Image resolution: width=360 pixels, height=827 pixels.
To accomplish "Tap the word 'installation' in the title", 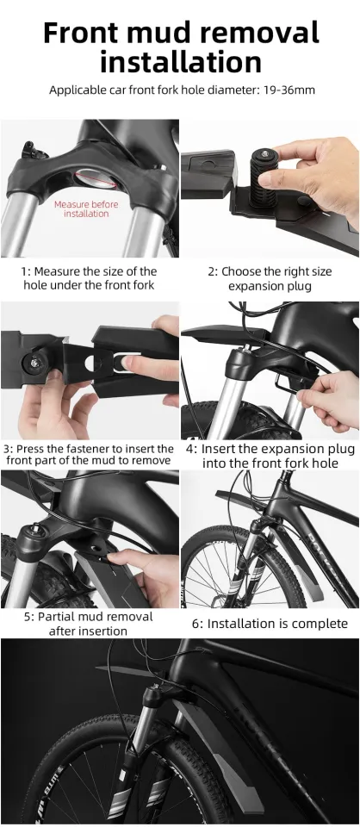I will pos(180,62).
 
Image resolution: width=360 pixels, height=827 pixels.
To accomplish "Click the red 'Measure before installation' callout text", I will pos(86,208).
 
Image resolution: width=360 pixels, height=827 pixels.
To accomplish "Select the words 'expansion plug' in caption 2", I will pos(269,286).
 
